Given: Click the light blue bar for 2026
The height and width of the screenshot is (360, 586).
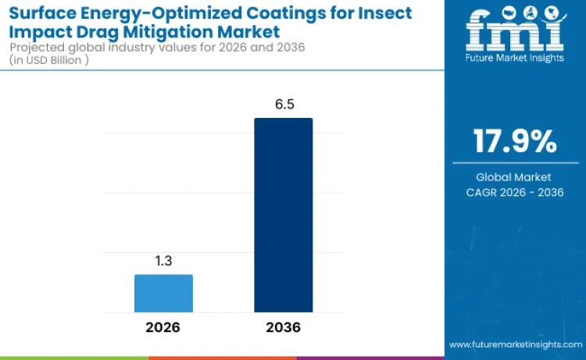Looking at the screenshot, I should tap(163, 294).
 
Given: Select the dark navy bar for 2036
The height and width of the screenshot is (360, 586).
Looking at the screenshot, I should tap(283, 216).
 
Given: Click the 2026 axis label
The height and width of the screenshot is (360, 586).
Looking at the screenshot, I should tap(163, 327).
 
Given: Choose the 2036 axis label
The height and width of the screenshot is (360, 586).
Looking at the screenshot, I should tap(283, 327).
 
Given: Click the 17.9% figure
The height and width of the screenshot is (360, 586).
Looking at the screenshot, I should tap(515, 141).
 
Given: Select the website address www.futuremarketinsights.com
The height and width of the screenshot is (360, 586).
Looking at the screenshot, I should tap(515, 344).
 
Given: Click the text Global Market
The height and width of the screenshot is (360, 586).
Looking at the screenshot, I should tap(515, 177).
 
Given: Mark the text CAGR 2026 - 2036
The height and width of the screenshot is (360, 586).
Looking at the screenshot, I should tap(515, 192).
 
